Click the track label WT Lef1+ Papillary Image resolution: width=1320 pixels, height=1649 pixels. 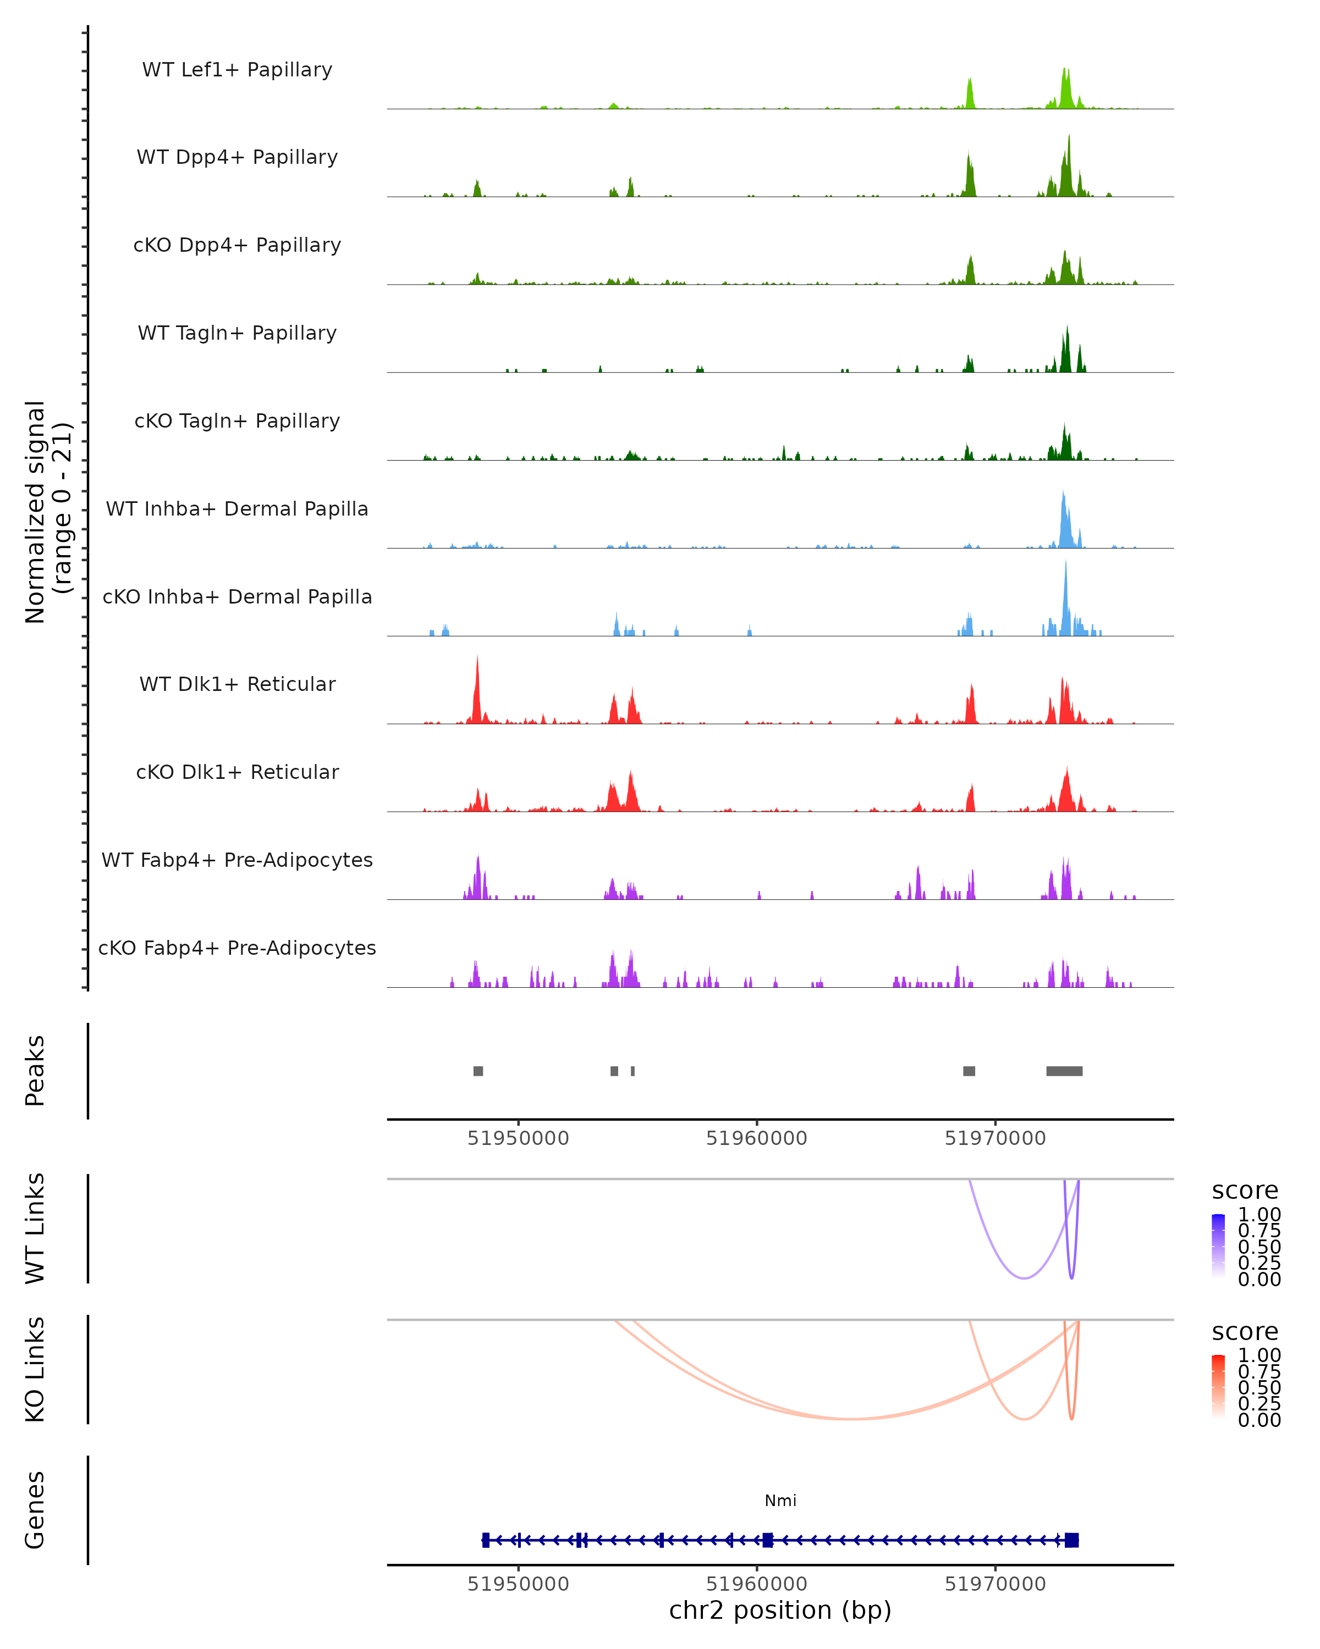(237, 70)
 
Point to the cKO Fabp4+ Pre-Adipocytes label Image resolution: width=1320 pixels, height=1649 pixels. (237, 948)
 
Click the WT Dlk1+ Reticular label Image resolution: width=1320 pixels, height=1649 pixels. (237, 684)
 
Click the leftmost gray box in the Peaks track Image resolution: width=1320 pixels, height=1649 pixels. (479, 1071)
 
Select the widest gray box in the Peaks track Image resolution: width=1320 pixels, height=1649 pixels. (1064, 1071)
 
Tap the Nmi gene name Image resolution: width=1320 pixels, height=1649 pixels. (780, 1501)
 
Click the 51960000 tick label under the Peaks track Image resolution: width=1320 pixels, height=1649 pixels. (756, 1138)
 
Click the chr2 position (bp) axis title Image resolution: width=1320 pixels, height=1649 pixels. (780, 1610)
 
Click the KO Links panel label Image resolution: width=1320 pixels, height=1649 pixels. (35, 1369)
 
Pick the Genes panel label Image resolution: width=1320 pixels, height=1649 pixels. (35, 1510)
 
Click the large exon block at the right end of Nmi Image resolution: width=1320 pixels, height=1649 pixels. (1071, 1540)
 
